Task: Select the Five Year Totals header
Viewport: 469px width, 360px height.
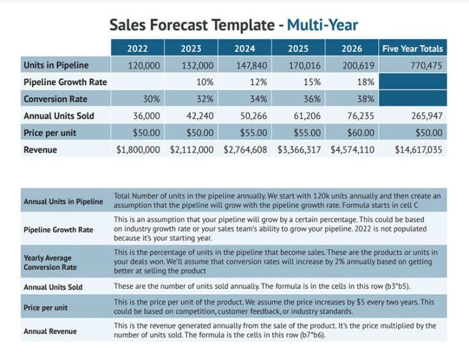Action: click(x=412, y=49)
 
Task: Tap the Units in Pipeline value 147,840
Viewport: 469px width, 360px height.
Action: click(x=250, y=65)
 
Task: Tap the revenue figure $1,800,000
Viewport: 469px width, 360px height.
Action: click(x=138, y=149)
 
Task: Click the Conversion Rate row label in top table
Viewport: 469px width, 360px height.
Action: click(x=55, y=99)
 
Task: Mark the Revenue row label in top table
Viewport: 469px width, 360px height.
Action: click(x=41, y=149)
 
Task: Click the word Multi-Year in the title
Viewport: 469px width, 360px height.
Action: click(x=322, y=25)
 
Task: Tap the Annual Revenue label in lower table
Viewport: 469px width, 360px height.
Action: click(x=50, y=331)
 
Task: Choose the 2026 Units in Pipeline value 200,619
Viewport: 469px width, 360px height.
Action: click(x=358, y=65)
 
